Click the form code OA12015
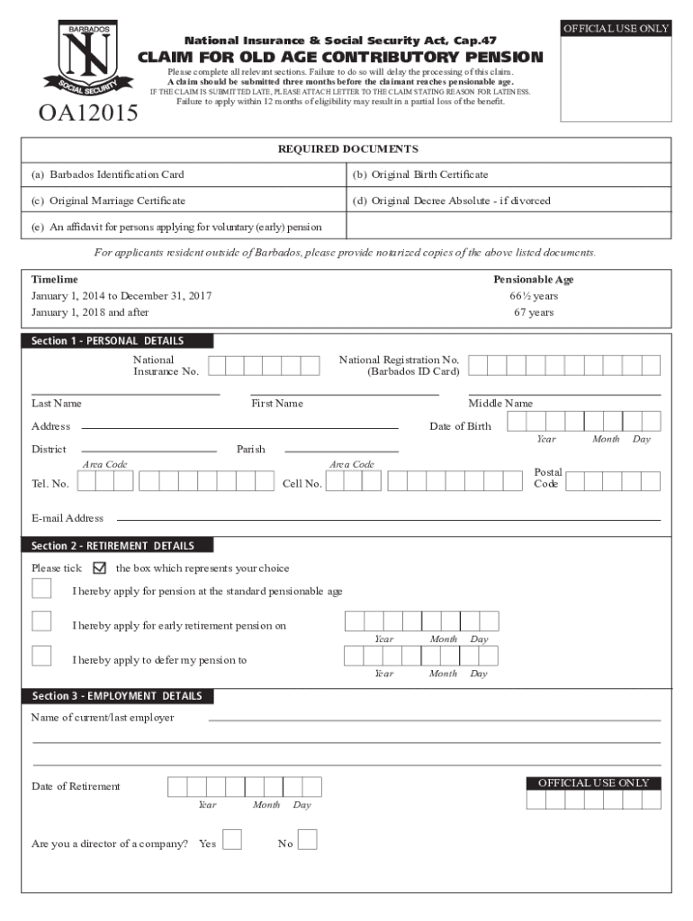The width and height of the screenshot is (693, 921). (87, 113)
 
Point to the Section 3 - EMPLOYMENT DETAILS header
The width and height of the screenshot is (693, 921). (118, 696)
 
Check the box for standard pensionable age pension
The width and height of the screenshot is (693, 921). (41, 588)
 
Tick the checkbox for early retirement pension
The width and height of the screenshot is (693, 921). (41, 621)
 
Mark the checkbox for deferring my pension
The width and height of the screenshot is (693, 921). (41, 656)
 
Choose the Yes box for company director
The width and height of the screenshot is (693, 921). (232, 839)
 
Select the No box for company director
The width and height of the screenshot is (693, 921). (307, 839)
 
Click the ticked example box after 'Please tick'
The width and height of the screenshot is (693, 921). (99, 568)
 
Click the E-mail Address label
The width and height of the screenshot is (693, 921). (67, 518)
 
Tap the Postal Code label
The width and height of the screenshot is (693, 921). (548, 478)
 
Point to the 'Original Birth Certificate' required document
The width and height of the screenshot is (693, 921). (420, 174)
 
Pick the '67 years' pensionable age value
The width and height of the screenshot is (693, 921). (534, 313)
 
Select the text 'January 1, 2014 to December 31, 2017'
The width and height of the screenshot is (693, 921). (121, 296)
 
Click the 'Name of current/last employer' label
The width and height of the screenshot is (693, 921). (103, 718)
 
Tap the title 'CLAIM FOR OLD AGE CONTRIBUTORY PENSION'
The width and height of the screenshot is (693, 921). (340, 58)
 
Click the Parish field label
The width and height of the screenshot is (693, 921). (250, 449)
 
